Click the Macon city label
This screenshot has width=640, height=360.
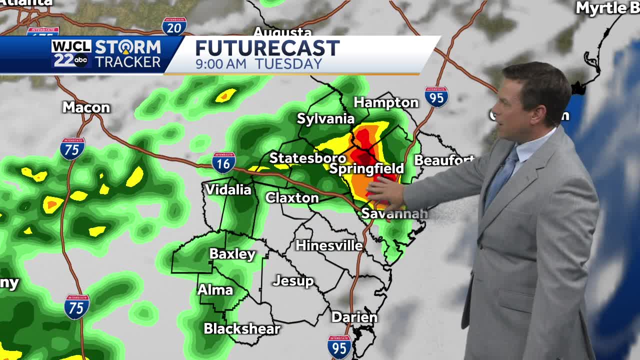click(x=86, y=107)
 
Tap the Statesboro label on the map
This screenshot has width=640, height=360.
click(x=307, y=158)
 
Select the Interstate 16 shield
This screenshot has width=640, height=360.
click(x=223, y=162)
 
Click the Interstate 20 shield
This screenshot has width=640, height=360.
click(x=174, y=26)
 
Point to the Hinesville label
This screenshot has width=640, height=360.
click(x=329, y=245)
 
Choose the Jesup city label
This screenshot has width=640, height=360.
click(x=293, y=281)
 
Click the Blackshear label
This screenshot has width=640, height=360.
click(x=241, y=328)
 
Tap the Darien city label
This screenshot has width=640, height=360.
click(x=354, y=317)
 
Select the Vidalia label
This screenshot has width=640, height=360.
click(x=228, y=189)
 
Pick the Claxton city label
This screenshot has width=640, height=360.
click(x=292, y=198)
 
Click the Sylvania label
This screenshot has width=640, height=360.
click(x=325, y=118)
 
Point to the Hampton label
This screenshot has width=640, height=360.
click(x=386, y=102)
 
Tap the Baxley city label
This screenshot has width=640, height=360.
click(x=232, y=254)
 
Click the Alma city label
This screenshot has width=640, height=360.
click(x=215, y=290)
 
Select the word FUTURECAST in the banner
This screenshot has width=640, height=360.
click(x=267, y=48)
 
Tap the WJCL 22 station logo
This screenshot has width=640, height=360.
click(x=71, y=54)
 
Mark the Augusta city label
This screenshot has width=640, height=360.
click(x=282, y=32)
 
